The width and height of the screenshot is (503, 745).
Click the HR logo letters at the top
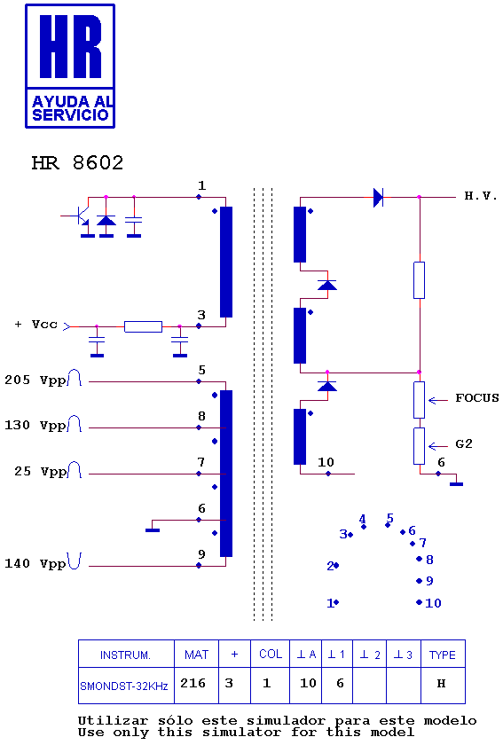tap(70, 46)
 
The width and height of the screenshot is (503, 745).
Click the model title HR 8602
tap(77, 163)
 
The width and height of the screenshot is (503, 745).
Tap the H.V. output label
tap(481, 196)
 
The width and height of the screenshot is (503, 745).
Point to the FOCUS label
tap(477, 397)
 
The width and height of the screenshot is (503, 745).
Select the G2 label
tap(464, 443)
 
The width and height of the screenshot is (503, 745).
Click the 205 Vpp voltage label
tap(35, 380)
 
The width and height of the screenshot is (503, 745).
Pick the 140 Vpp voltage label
tap(35, 563)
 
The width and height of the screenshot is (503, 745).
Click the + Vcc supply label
tap(36, 325)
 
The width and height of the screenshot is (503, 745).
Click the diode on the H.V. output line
tap(379, 197)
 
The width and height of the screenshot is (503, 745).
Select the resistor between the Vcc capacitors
tap(143, 326)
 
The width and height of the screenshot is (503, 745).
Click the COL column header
tap(270, 654)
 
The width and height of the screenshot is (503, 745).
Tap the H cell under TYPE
tap(443, 685)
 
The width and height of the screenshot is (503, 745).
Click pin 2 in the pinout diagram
tap(333, 566)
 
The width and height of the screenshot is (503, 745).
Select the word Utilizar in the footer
tap(113, 721)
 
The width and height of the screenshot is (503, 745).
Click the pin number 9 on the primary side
tap(201, 554)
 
